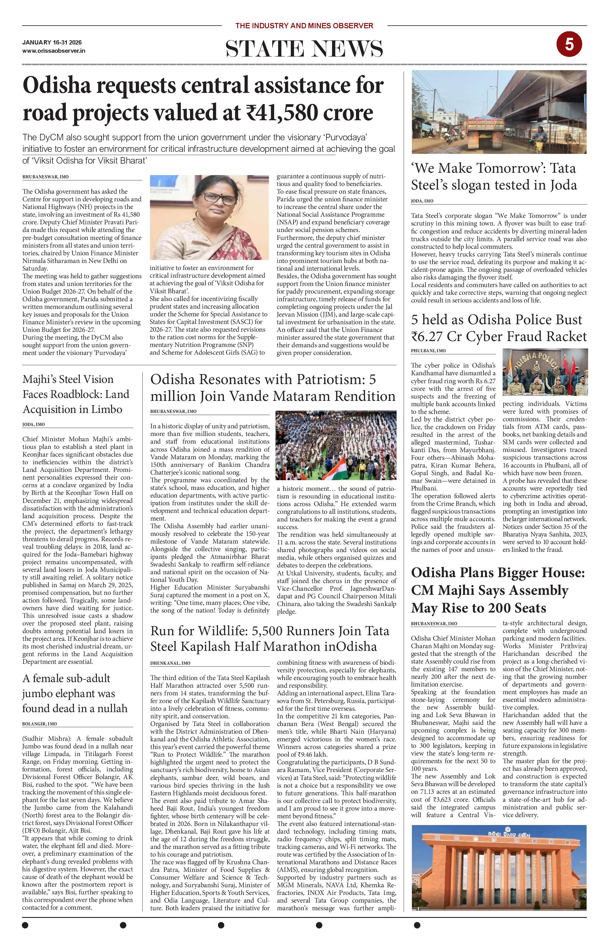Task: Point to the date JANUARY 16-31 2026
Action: click(x=52, y=43)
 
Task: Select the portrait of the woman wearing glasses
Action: click(x=209, y=217)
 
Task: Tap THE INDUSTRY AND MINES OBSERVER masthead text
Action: click(x=304, y=26)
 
